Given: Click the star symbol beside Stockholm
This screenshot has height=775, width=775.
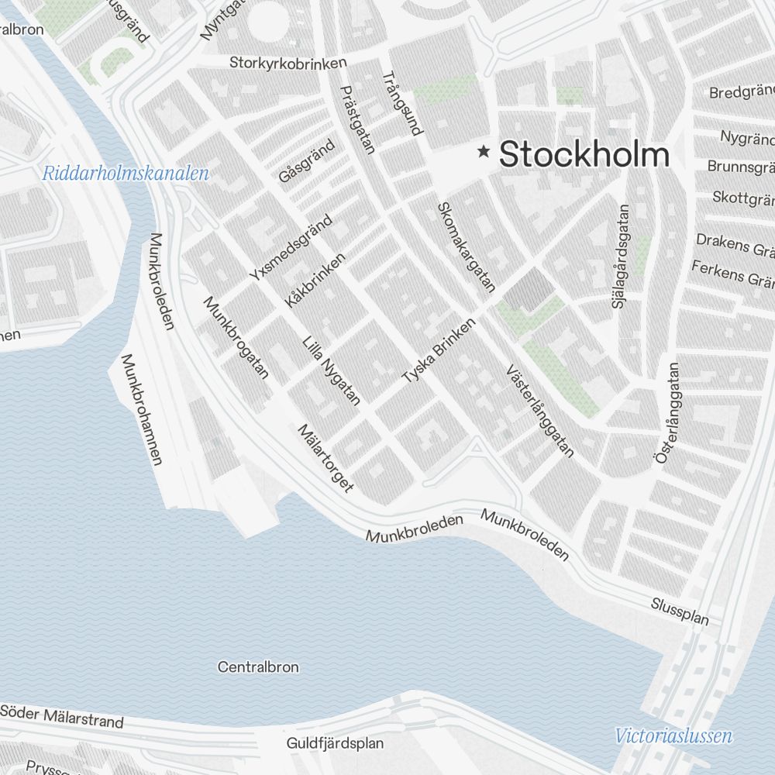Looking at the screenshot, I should [x=485, y=152].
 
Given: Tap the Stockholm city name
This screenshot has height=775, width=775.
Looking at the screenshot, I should [x=584, y=153].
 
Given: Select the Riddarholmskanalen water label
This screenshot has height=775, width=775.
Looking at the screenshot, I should [x=126, y=173].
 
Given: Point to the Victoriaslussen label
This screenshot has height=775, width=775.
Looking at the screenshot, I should [x=673, y=736].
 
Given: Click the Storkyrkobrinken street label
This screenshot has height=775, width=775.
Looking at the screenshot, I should [x=288, y=62].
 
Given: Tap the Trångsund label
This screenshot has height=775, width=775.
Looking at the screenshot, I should [x=402, y=104].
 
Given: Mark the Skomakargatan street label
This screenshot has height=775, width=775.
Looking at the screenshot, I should [x=466, y=246].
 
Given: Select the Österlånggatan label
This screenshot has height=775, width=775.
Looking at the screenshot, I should [x=667, y=413].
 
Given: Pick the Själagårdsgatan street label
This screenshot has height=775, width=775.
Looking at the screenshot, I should [x=622, y=256].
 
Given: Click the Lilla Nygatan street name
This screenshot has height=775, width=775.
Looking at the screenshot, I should [x=332, y=370].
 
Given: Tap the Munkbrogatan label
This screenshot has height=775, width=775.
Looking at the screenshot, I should [x=236, y=337].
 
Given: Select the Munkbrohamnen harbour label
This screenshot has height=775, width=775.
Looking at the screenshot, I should [x=141, y=409].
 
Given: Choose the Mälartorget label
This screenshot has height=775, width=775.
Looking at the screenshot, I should [x=325, y=457].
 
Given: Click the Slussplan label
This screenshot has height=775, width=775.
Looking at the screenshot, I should [x=680, y=611].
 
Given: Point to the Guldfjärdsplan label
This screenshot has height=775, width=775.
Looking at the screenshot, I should [x=335, y=743].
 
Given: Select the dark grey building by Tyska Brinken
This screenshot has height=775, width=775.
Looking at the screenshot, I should [x=530, y=289].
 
